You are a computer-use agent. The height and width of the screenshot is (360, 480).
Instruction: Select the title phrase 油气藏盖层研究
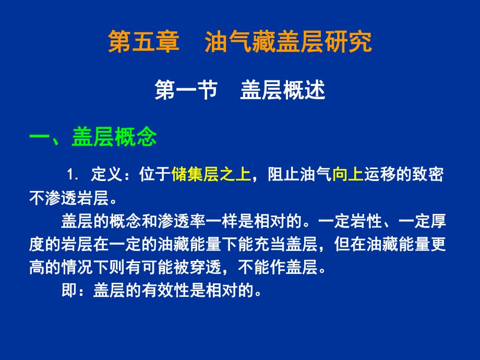click(x=288, y=42)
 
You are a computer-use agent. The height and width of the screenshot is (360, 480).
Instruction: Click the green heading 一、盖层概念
click(x=93, y=138)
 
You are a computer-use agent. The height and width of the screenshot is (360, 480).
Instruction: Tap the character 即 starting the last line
click(x=69, y=290)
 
